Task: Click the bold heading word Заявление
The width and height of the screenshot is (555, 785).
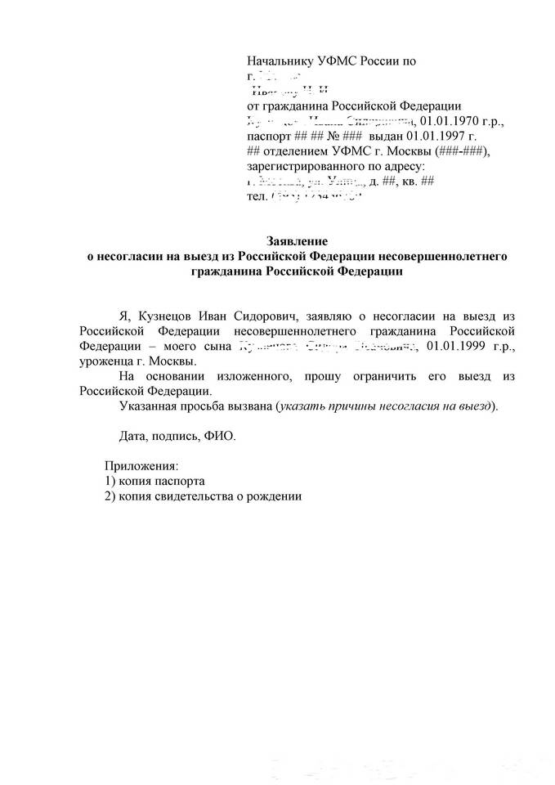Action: click(298, 241)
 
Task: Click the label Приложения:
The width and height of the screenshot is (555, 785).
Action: click(137, 464)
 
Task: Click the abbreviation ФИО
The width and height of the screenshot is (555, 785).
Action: click(219, 436)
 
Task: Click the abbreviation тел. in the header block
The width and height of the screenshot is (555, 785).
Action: click(256, 197)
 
